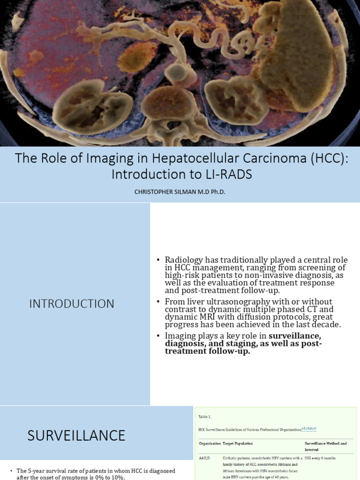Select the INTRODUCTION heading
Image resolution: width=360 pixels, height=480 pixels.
72,304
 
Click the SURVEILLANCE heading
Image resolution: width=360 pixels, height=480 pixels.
76,435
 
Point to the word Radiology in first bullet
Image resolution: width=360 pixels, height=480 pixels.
183,260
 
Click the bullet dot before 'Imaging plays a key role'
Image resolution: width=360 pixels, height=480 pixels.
158,336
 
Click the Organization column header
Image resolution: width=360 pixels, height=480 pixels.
210,443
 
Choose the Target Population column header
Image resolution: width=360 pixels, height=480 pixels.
238,443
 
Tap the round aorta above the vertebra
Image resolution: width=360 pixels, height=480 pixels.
177,73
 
